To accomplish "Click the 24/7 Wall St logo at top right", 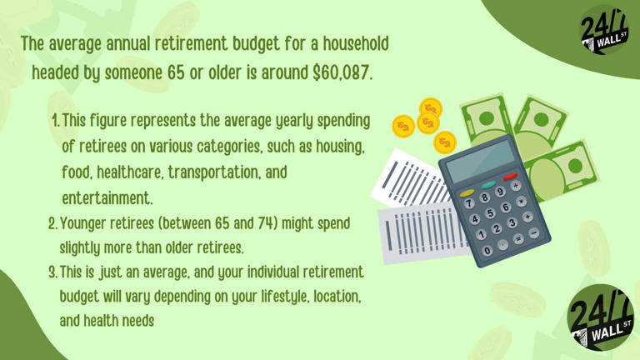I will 602,32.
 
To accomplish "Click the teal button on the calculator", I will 488,184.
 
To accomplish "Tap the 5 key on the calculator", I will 490,213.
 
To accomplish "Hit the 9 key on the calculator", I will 501,192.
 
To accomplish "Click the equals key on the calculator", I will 518,238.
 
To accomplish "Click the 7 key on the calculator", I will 469,202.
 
